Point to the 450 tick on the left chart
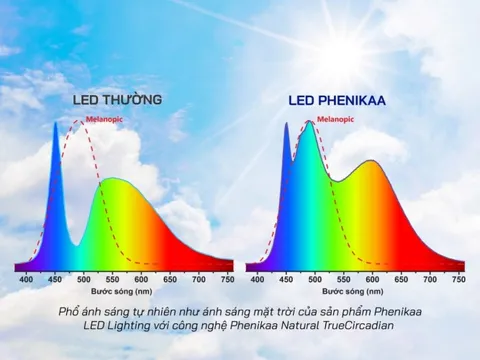(x=54, y=280)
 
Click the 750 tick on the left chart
(x=227, y=280)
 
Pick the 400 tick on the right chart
(x=258, y=280)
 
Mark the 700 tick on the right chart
(x=431, y=280)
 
